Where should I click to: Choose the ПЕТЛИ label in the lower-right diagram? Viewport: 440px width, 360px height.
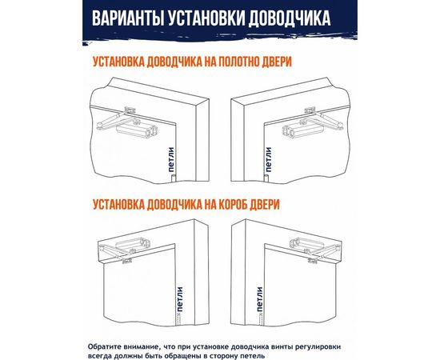click(x=259, y=301)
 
